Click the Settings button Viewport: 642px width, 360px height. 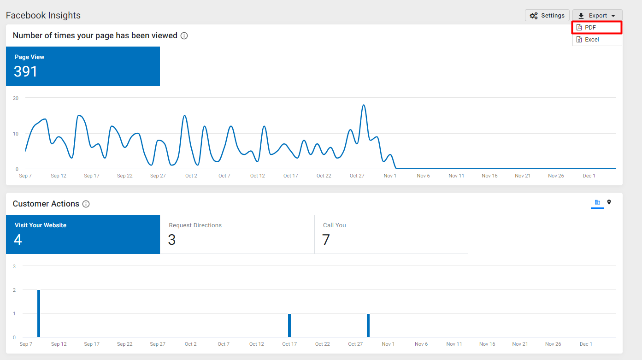[547, 16]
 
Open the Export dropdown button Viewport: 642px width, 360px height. [597, 16]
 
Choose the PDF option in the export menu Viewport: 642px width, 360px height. [597, 28]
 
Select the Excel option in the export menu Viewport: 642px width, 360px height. [597, 40]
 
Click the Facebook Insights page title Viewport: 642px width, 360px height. [43, 15]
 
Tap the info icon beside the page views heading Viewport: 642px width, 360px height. [184, 36]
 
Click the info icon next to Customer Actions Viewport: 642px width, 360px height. [86, 204]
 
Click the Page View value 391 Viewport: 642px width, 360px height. [25, 71]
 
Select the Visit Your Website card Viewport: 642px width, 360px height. [83, 234]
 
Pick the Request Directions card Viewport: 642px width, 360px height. [237, 234]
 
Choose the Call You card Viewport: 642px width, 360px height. [391, 234]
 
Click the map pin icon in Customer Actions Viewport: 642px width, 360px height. [609, 202]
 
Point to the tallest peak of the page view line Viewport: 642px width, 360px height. [364, 105]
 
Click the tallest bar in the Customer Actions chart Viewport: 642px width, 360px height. [39, 313]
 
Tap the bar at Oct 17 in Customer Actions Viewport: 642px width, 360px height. [289, 325]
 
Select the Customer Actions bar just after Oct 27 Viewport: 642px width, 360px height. [368, 325]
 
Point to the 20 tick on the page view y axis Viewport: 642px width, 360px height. [16, 98]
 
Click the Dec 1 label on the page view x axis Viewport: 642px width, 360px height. [589, 176]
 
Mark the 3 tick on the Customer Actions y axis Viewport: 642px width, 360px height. [14, 266]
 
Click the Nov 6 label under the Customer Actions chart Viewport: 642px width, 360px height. [421, 344]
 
